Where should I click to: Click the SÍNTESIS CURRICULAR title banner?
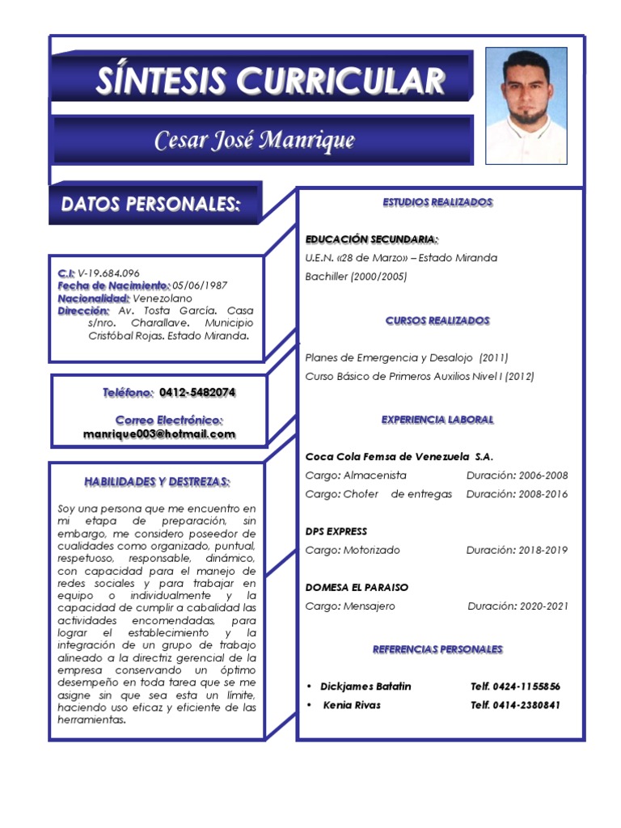tap(270, 80)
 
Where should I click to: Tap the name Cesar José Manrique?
tap(255, 141)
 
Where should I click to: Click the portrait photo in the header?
tap(526, 105)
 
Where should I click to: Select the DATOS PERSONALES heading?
tap(151, 205)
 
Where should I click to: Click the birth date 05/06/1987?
tap(200, 285)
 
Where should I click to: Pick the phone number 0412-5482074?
tap(197, 392)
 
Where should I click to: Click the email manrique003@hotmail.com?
tap(159, 434)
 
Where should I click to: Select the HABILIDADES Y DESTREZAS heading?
tap(157, 482)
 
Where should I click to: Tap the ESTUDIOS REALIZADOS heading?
tap(437, 202)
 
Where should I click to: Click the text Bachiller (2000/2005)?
tap(356, 277)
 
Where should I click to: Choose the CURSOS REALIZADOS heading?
tap(437, 321)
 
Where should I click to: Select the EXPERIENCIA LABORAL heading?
tap(437, 420)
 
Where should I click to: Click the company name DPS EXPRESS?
tap(336, 531)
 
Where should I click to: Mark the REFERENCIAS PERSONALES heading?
tap(437, 649)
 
